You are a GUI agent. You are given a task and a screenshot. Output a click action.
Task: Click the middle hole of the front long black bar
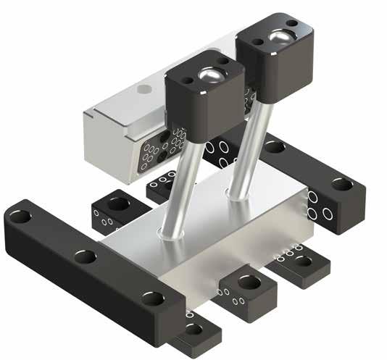(85, 256)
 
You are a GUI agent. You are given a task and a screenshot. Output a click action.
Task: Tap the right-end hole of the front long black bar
(152, 298)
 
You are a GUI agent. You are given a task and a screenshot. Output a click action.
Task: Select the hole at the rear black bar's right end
(341, 184)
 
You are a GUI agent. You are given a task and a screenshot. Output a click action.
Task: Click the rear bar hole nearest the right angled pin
(275, 147)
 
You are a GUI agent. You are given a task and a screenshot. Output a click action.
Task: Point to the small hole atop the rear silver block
(144, 89)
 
